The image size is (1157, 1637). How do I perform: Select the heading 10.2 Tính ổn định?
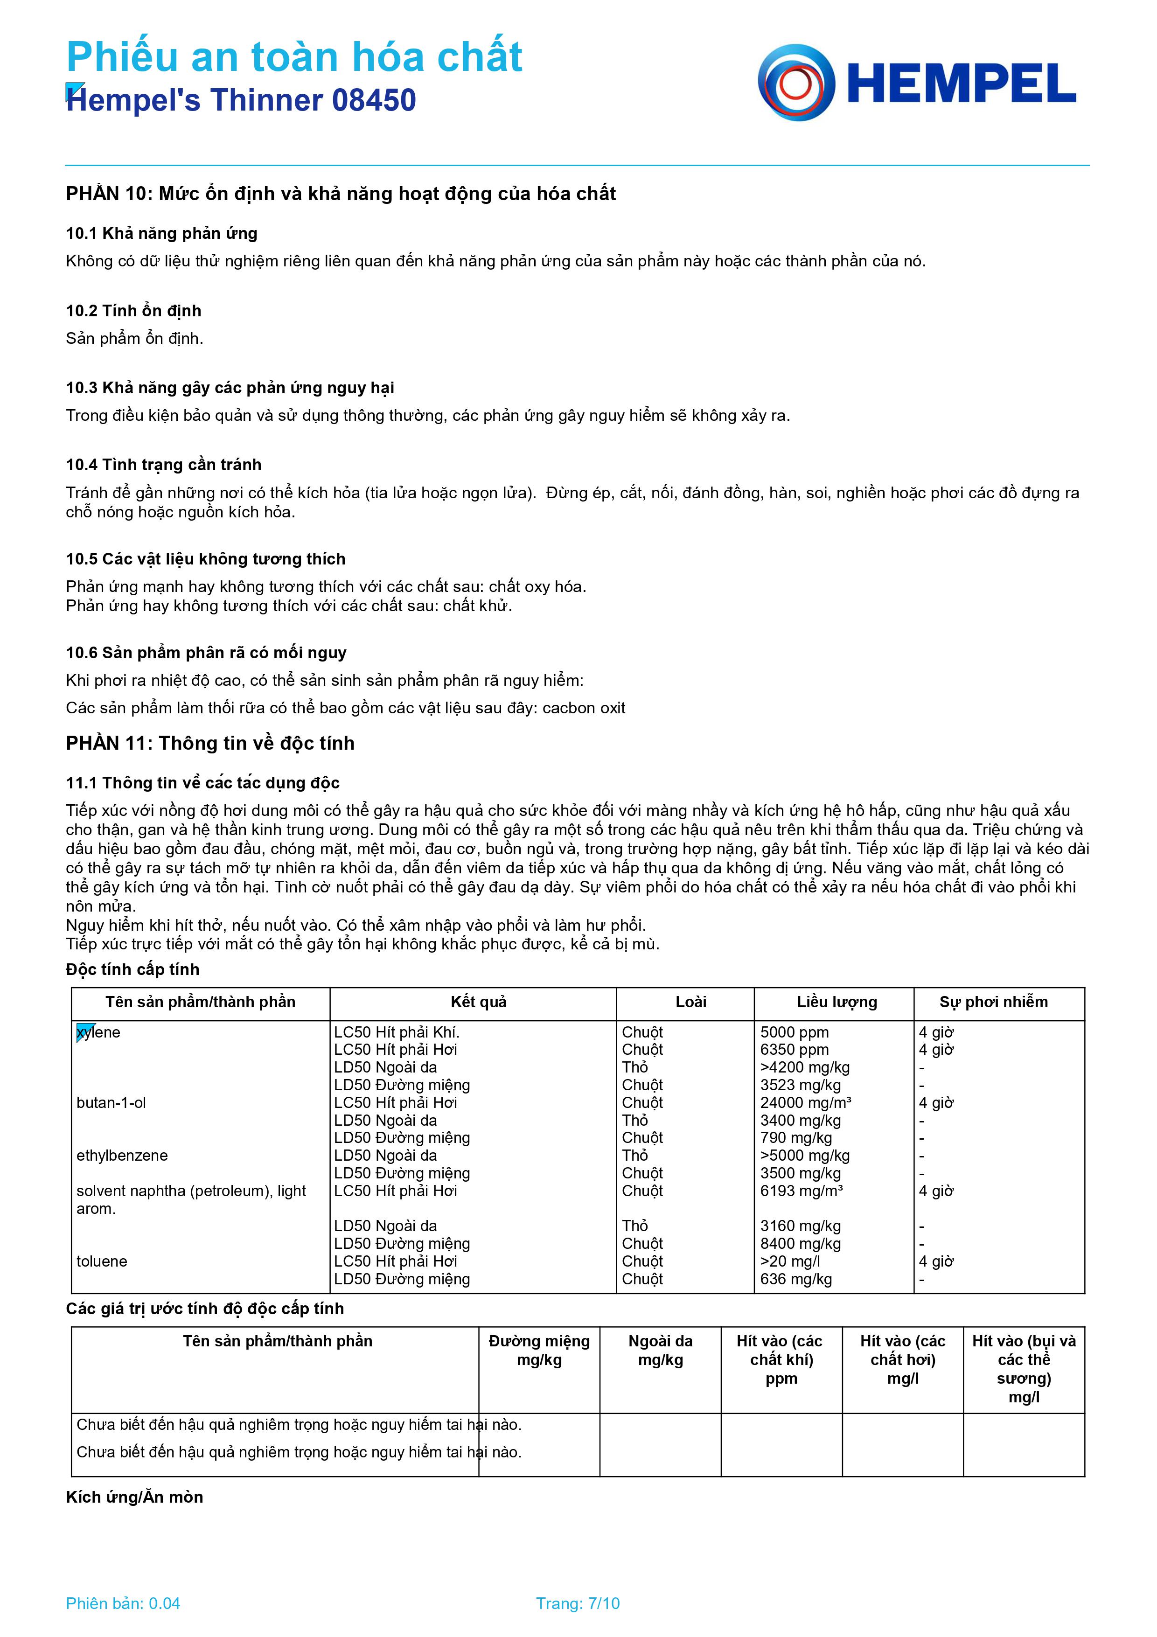click(133, 311)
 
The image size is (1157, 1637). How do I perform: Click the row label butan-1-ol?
click(111, 1102)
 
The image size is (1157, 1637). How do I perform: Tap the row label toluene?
click(102, 1261)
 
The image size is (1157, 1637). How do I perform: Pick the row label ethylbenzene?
click(122, 1155)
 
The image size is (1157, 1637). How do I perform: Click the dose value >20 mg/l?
click(790, 1261)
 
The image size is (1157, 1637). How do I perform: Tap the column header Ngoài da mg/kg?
click(660, 1351)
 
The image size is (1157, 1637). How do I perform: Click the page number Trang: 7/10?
click(578, 1603)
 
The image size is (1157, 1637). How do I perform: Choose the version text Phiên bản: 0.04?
click(123, 1603)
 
